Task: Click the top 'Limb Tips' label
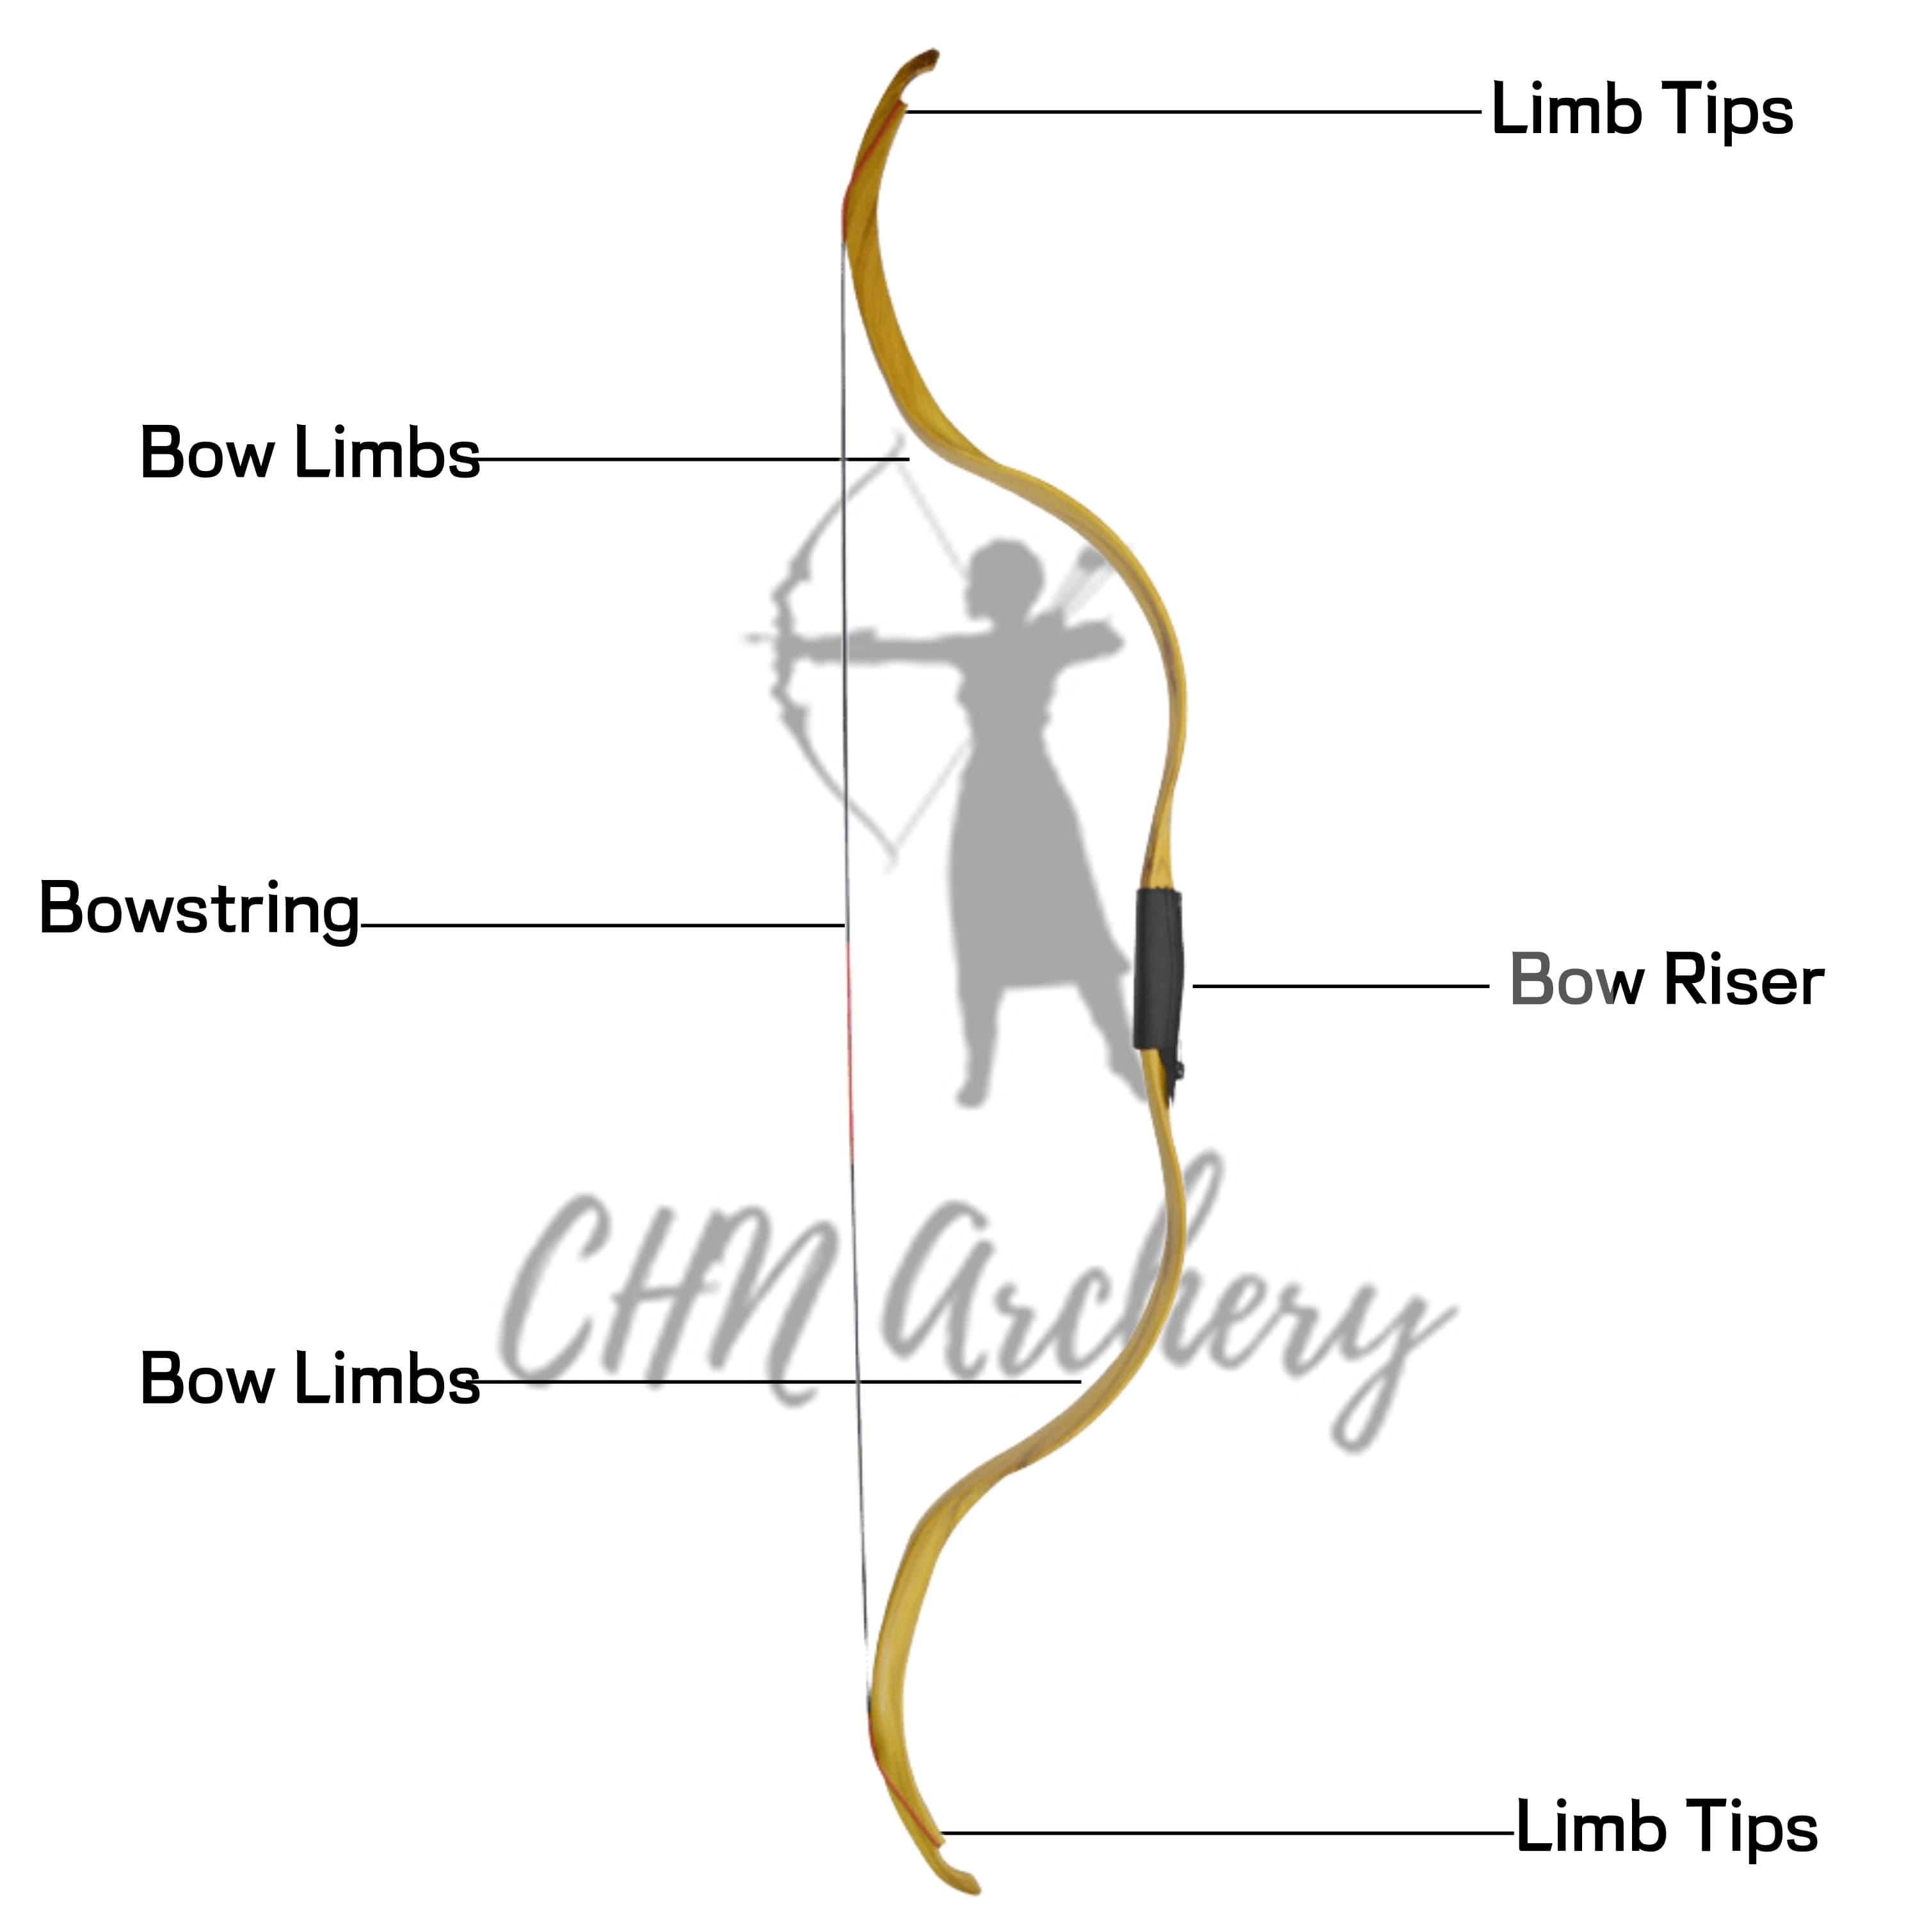1641,110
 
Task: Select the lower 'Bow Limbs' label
309,1379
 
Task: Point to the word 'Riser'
1743,982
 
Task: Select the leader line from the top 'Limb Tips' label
1192,112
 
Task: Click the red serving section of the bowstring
850,1053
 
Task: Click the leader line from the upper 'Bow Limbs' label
696,459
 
